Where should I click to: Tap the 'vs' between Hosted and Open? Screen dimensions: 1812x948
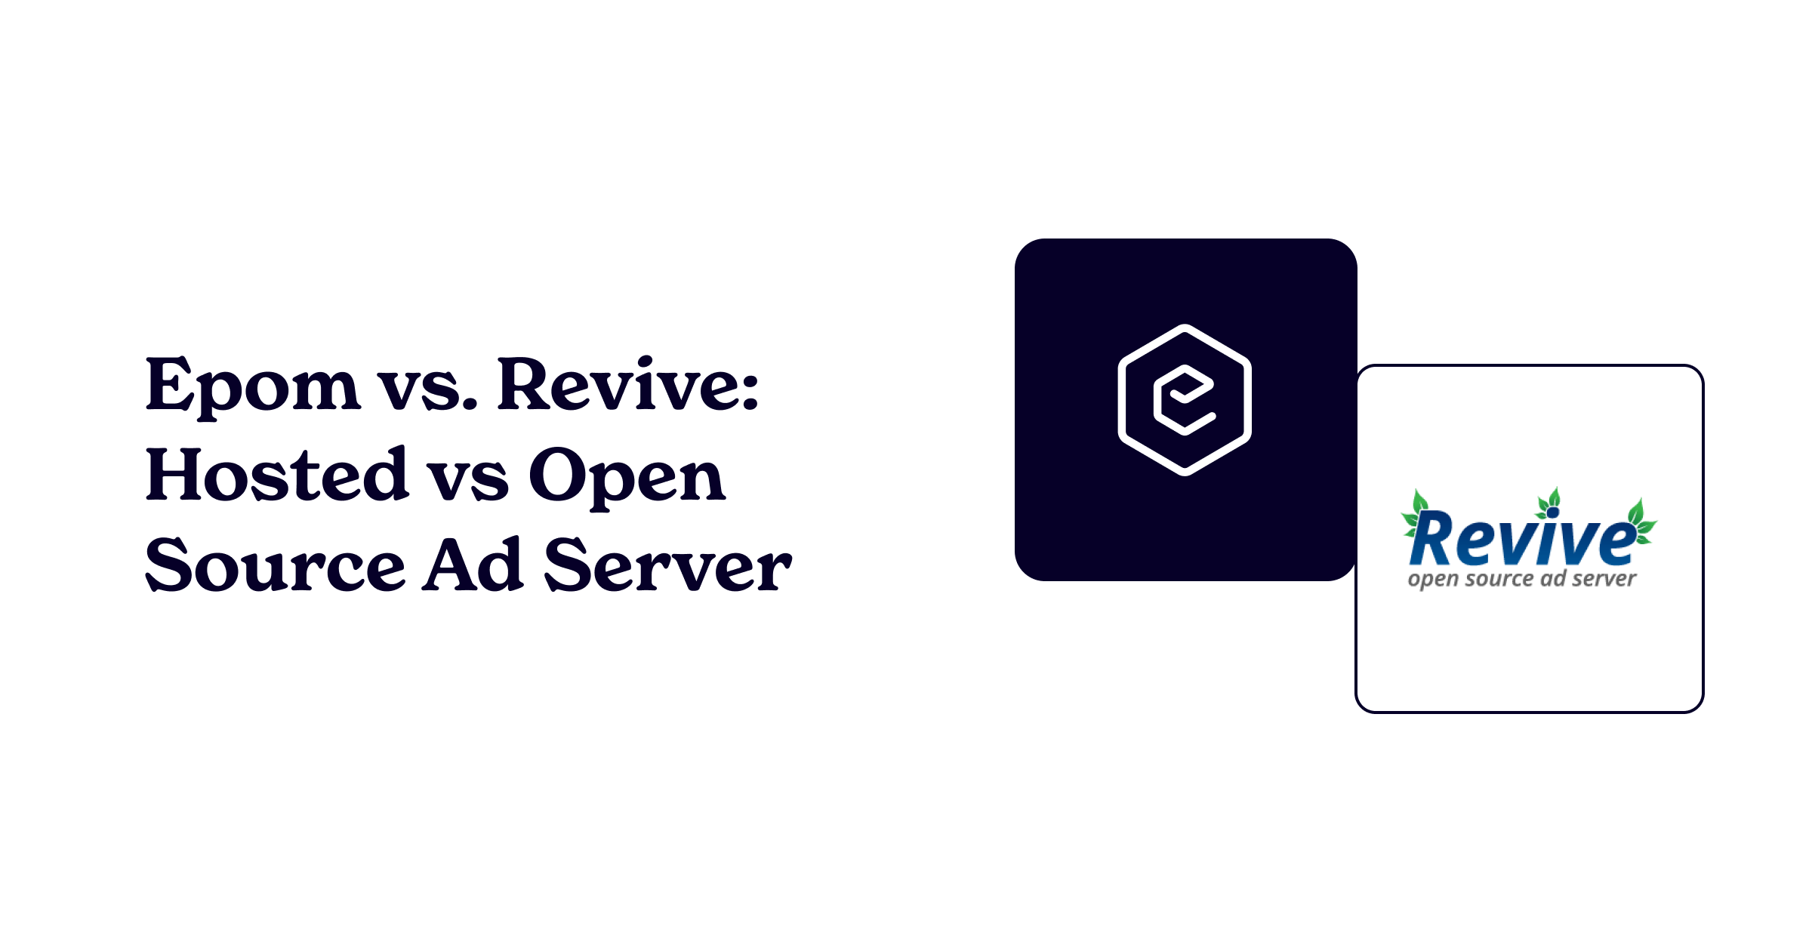point(468,482)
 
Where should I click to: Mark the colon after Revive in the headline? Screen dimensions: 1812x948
point(750,393)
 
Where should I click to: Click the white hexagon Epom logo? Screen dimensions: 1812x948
point(1185,400)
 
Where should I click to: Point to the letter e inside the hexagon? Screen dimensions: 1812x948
point(1184,400)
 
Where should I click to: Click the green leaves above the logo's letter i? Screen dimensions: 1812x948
point(1549,503)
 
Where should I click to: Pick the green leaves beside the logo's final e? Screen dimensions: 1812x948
point(1641,522)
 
